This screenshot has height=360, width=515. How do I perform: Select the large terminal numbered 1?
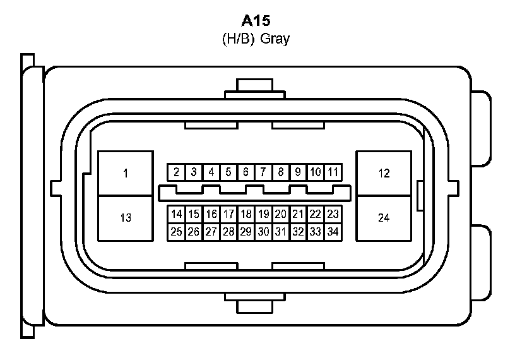pyautogui.click(x=126, y=172)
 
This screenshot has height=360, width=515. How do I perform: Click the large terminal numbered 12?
pyautogui.click(x=384, y=172)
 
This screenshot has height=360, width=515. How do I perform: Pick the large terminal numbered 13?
pyautogui.click(x=126, y=218)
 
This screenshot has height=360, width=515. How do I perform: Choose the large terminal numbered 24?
pyautogui.click(x=384, y=218)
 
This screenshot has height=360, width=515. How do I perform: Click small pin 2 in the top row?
pyautogui.click(x=177, y=172)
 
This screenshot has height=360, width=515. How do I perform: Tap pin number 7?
pyautogui.click(x=263, y=172)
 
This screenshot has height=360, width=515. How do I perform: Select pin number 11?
pyautogui.click(x=333, y=172)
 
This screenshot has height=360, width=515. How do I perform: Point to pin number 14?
pyautogui.click(x=177, y=214)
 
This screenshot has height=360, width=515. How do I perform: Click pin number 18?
pyautogui.click(x=246, y=214)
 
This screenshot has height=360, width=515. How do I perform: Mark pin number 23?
pyautogui.click(x=333, y=214)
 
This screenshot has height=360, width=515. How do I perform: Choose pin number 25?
pyautogui.click(x=177, y=232)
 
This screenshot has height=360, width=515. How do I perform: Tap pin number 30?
pyautogui.click(x=263, y=232)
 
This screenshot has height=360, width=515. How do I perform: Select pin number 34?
pyautogui.click(x=333, y=232)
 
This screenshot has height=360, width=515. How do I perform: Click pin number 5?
pyautogui.click(x=228, y=172)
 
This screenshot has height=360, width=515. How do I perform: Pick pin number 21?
pyautogui.click(x=299, y=214)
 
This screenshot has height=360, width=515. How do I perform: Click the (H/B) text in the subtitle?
pyautogui.click(x=238, y=39)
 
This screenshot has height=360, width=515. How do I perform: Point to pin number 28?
pyautogui.click(x=228, y=232)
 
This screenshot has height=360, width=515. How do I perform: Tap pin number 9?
pyautogui.click(x=299, y=172)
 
